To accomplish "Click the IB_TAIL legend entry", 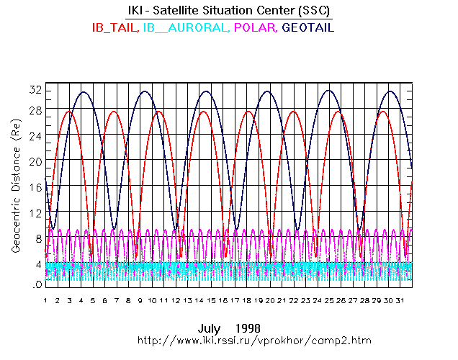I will click(114, 28).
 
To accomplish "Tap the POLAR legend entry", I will click(255, 28).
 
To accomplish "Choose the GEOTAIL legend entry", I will click(308, 28).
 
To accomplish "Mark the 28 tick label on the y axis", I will click(33, 110).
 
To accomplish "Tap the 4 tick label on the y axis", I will click(36, 264).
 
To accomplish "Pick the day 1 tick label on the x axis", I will click(45, 300).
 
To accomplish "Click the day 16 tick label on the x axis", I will click(223, 300).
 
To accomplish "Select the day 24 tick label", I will click(318, 300).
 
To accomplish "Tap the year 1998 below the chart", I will click(248, 328).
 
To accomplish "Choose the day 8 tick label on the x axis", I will click(128, 300).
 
